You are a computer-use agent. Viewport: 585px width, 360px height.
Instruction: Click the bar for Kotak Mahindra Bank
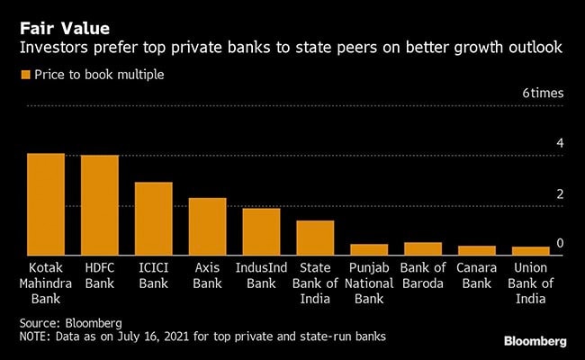pos(46,204)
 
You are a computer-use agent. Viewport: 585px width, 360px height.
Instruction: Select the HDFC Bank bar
pos(100,205)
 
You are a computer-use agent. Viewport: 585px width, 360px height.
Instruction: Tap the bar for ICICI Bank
pos(154,219)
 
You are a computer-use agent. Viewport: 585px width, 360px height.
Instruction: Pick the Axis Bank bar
pos(207,227)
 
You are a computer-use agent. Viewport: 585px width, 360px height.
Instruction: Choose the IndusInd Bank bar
pos(261,232)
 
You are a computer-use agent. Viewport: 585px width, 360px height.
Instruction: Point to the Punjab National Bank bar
pos(369,249)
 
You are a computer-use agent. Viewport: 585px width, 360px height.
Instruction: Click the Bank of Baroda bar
pos(423,248)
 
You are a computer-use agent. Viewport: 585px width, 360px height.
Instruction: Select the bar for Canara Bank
pos(476,250)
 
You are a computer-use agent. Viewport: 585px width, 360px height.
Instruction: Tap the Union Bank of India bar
pos(530,251)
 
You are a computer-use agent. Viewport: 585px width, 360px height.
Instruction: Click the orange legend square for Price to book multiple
pos(24,74)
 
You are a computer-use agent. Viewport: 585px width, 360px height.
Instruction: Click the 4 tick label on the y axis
pos(560,143)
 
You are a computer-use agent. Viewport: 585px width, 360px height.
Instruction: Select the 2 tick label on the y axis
pos(560,193)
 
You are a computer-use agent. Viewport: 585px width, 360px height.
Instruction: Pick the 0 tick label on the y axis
pos(560,243)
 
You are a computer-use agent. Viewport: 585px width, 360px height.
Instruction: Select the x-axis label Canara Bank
pos(476,275)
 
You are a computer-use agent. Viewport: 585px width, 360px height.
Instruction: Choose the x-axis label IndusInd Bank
pos(261,275)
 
